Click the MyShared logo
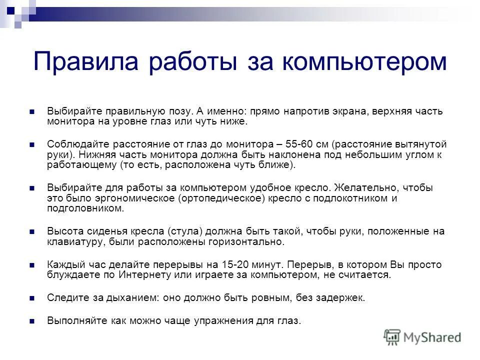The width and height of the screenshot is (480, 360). click(x=422, y=336)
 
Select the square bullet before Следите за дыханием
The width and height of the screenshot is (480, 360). click(x=31, y=298)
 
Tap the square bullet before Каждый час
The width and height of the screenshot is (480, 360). click(x=31, y=265)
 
